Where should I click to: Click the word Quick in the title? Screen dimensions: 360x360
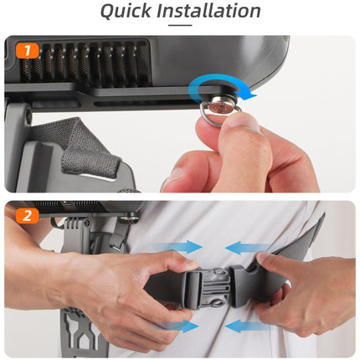[x=126, y=11]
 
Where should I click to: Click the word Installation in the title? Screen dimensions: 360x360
[x=208, y=11]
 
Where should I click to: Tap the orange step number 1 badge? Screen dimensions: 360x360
[x=27, y=50]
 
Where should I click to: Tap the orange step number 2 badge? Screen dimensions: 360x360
[x=27, y=215]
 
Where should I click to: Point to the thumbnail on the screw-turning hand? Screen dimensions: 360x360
[x=245, y=123]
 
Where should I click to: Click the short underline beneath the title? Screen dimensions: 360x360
[x=180, y=25]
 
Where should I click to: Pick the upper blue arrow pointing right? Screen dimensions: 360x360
[x=178, y=247]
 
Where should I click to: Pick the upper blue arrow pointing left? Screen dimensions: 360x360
[x=248, y=248]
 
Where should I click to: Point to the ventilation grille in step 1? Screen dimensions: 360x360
[x=84, y=63]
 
